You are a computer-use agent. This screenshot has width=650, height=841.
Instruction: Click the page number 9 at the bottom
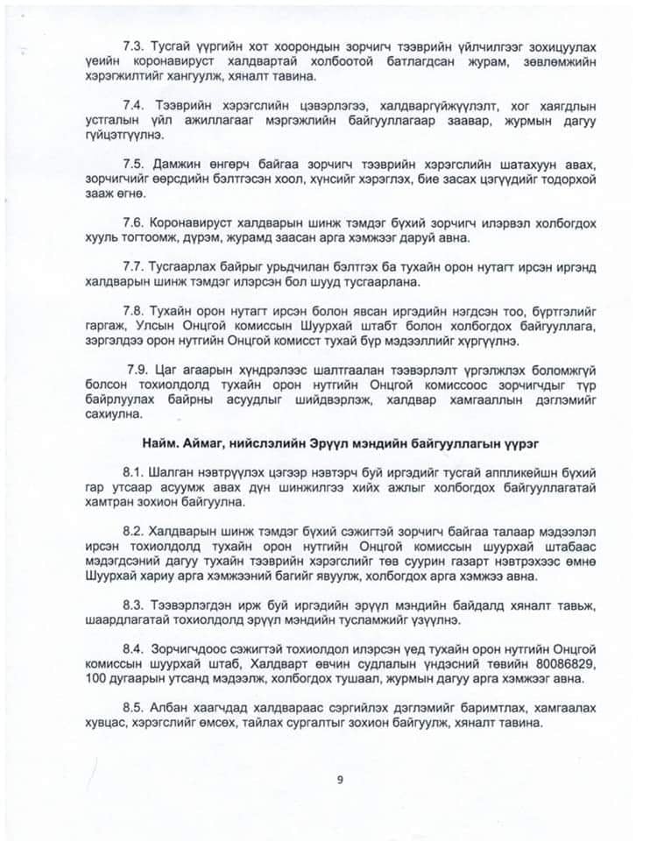(x=338, y=777)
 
